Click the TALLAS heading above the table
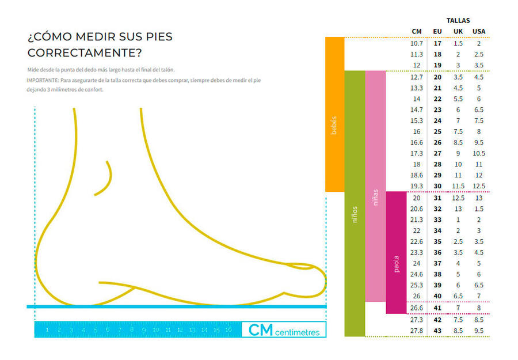[458, 21]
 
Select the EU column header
[437, 31]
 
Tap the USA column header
[479, 31]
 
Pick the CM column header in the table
[417, 31]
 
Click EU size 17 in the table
[437, 43]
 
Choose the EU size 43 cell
[437, 331]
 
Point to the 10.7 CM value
[417, 43]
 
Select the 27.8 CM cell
[417, 331]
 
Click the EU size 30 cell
[437, 186]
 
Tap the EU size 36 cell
[437, 252]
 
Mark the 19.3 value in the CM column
[417, 186]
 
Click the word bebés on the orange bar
[334, 126]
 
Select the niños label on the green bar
[355, 214]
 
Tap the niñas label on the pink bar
[375, 198]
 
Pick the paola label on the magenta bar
[396, 264]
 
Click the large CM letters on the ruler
[260, 329]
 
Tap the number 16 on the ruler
[228, 330]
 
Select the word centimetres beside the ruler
[298, 332]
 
